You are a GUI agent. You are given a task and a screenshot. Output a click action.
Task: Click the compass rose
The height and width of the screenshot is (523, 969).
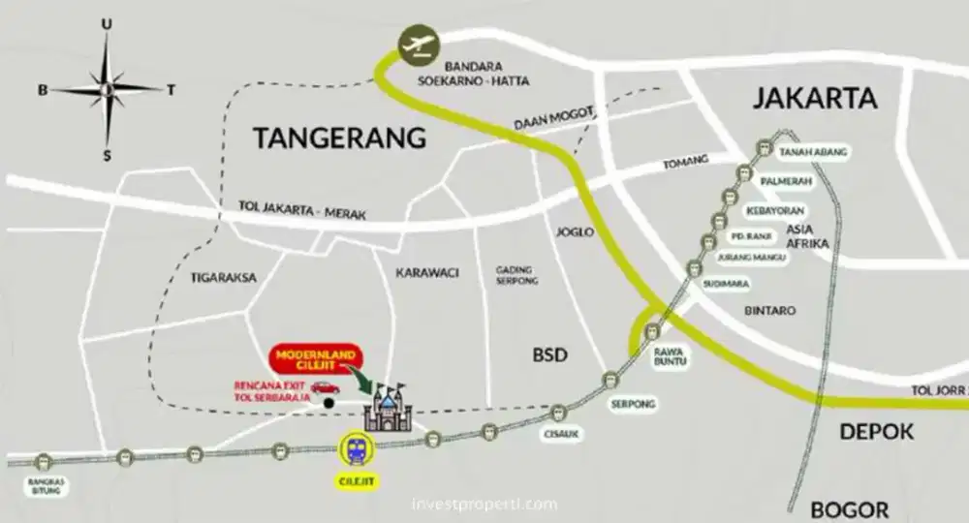[x=108, y=88]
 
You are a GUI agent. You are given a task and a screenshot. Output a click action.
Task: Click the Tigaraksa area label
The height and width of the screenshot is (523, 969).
[x=224, y=277]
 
